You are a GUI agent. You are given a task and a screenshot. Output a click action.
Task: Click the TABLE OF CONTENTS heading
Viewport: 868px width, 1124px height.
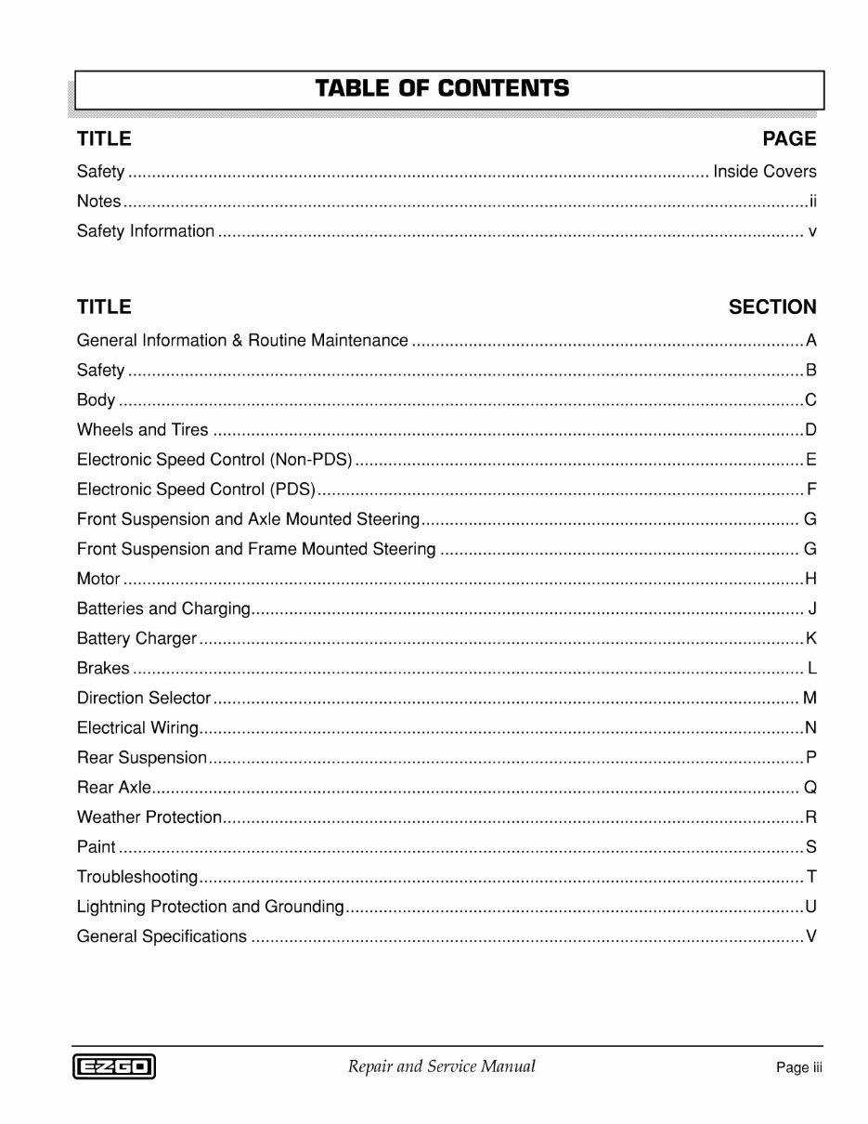click(442, 89)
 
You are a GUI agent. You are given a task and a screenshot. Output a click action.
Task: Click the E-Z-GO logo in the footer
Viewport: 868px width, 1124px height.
click(114, 1067)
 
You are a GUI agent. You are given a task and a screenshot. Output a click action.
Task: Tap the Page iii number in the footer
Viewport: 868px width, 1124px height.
click(798, 1068)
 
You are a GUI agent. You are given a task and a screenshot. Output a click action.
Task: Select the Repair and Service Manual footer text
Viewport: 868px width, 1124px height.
click(441, 1066)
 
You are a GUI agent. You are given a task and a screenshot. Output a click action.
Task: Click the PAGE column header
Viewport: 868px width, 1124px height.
click(788, 139)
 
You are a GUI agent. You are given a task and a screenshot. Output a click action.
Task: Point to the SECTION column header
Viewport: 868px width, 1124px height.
click(771, 307)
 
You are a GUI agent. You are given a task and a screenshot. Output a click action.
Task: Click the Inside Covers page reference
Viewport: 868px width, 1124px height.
click(764, 172)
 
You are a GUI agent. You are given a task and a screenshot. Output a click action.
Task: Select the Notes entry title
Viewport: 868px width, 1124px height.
click(98, 202)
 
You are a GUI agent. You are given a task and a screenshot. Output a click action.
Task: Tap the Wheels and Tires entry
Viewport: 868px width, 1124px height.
click(142, 430)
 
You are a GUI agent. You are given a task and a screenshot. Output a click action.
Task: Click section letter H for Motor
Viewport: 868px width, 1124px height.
click(810, 580)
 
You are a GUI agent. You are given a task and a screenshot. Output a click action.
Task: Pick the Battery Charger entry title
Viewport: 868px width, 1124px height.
click(136, 639)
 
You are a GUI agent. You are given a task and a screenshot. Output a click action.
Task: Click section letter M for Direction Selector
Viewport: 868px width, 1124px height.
click(810, 699)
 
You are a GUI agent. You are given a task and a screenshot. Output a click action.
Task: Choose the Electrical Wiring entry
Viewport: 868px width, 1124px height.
click(137, 728)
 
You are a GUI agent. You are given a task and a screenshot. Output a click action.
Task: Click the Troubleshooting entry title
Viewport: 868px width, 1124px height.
click(136, 877)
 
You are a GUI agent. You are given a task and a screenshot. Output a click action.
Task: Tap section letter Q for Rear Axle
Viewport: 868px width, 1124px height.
click(810, 788)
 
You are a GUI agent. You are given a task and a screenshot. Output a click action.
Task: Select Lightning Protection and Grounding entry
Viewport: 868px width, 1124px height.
click(210, 907)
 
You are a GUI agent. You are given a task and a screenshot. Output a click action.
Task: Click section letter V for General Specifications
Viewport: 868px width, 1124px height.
click(810, 936)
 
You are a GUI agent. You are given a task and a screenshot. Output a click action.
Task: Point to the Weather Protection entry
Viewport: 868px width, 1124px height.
click(149, 817)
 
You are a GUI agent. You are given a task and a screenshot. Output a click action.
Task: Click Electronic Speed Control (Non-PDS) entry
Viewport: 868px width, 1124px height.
click(214, 460)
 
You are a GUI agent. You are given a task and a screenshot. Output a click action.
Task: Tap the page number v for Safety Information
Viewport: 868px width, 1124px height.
click(812, 231)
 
